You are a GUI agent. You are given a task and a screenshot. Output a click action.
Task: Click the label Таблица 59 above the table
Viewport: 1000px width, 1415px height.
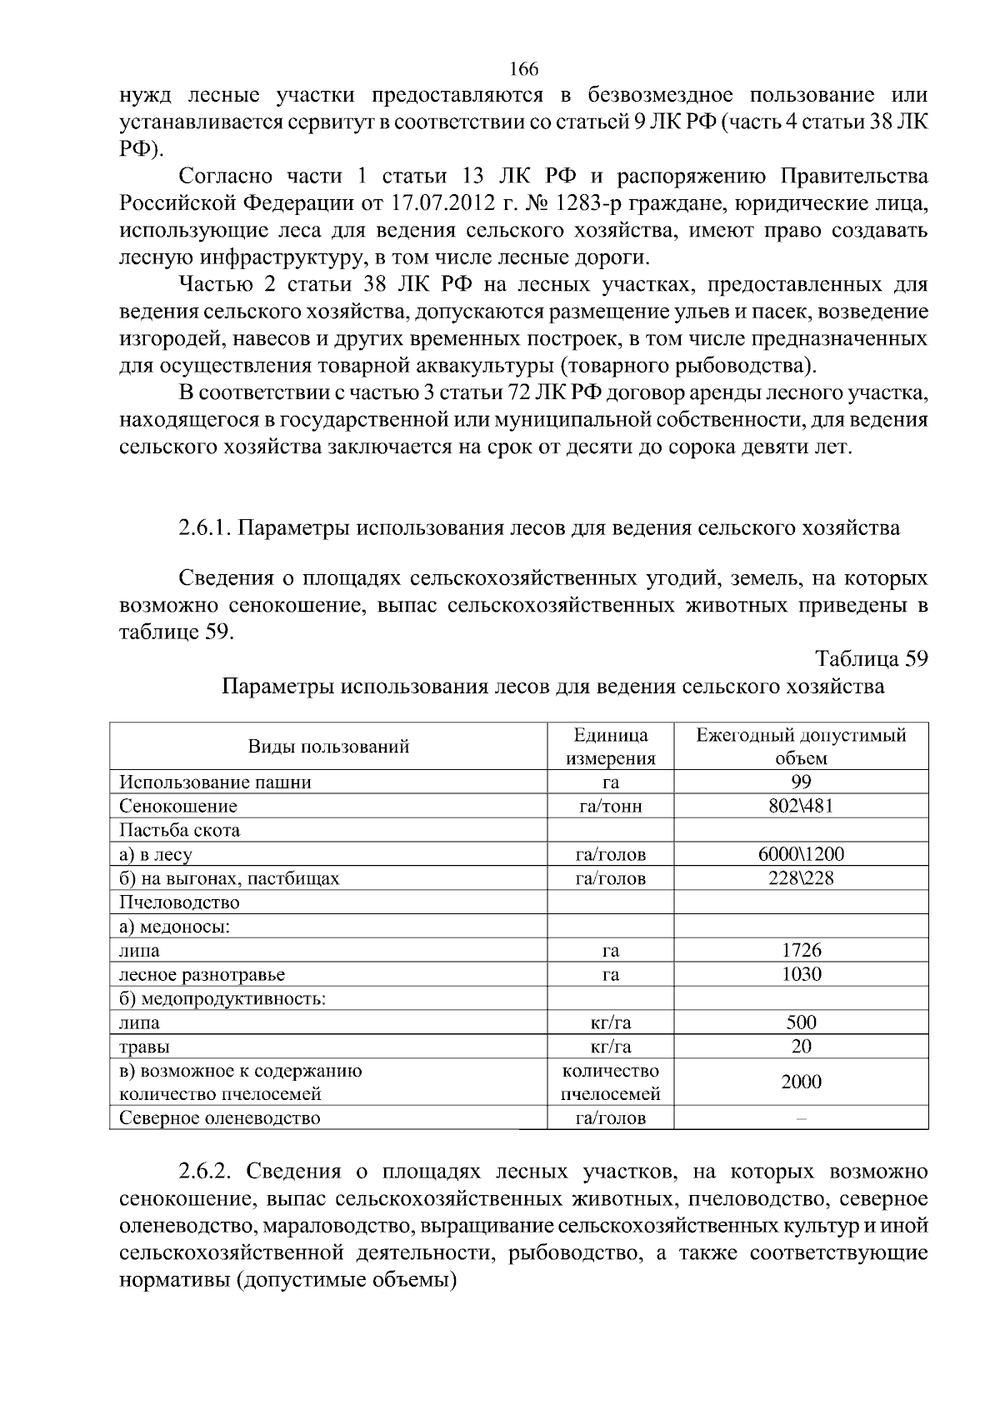872,658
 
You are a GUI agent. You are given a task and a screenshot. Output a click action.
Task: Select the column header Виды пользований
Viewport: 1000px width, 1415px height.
328,747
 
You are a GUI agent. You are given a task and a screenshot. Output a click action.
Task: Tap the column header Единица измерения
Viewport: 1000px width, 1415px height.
611,747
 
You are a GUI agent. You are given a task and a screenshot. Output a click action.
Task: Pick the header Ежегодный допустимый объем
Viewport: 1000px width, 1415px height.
801,747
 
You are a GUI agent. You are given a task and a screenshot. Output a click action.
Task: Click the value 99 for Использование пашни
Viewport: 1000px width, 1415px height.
801,782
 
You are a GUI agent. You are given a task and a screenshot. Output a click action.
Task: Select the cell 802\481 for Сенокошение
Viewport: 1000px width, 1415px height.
801,806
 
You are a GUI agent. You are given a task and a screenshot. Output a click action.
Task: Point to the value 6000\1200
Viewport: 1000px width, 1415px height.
801,854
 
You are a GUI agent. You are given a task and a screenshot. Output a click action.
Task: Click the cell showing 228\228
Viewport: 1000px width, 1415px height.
801,878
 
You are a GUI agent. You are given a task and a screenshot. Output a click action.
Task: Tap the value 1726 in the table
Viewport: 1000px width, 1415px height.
801,950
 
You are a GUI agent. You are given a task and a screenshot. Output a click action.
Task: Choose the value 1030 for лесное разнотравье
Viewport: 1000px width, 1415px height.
801,974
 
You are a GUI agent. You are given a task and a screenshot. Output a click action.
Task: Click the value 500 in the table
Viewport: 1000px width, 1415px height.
801,1022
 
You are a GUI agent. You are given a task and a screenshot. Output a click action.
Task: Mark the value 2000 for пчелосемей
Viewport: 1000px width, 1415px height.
801,1082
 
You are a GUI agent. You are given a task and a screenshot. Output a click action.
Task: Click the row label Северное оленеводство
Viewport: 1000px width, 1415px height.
220,1118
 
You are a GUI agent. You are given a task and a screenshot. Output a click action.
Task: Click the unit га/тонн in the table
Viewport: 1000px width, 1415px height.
611,806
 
